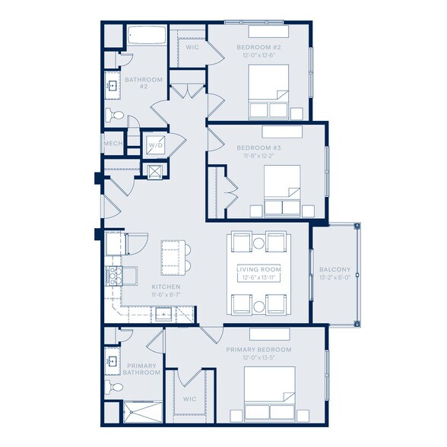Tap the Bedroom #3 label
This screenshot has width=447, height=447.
pyautogui.click(x=258, y=146)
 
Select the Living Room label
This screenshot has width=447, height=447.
pyautogui.click(x=258, y=269)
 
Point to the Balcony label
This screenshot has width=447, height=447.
pyautogui.click(x=334, y=269)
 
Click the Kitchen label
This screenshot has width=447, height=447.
pyautogui.click(x=144, y=287)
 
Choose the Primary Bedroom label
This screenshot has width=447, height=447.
pyautogui.click(x=258, y=349)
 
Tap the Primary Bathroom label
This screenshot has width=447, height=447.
pyautogui.click(x=143, y=369)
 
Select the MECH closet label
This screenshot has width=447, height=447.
pyautogui.click(x=113, y=144)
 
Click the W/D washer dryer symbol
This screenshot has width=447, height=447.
pyautogui.click(x=155, y=144)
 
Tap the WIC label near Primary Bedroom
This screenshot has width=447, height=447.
pyautogui.click(x=190, y=398)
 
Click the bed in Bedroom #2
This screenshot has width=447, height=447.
pyautogui.click(x=269, y=91)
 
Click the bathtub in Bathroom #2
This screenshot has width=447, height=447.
pyautogui.click(x=145, y=36)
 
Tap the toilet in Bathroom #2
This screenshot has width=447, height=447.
pyautogui.click(x=114, y=115)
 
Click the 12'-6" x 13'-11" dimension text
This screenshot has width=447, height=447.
pyautogui.click(x=258, y=277)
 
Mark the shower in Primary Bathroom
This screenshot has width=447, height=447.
pyautogui.click(x=142, y=411)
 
